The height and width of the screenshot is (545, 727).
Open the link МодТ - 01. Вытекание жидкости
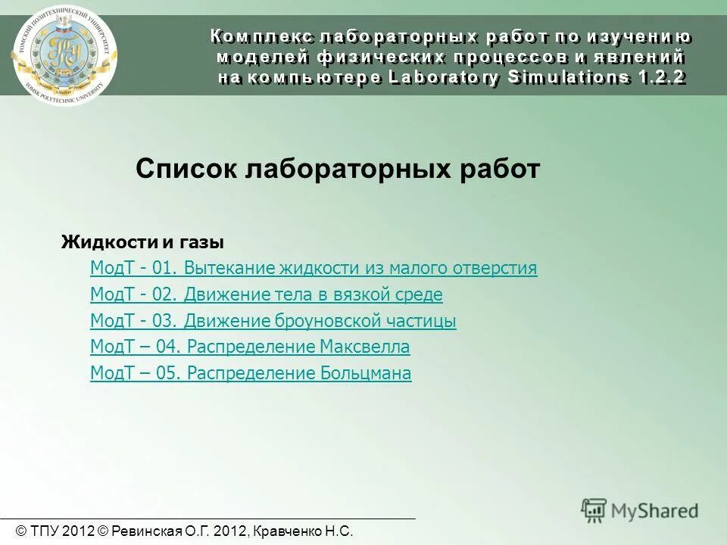point(313,269)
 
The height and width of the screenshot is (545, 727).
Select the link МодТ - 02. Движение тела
point(266,294)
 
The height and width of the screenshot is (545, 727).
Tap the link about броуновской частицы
point(273,321)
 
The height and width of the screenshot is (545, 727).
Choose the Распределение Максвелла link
point(250,347)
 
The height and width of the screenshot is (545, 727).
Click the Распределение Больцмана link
point(251,373)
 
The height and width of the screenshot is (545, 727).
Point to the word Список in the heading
point(186,170)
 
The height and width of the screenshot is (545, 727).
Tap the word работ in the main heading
point(501,170)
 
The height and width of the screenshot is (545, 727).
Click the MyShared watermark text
point(654,510)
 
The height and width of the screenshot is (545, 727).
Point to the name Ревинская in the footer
point(146,532)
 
